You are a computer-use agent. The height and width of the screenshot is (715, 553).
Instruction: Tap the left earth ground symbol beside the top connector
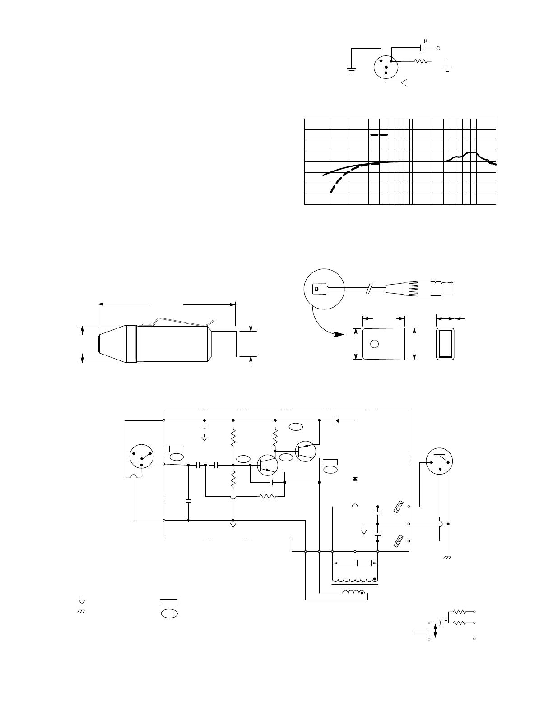(x=351, y=69)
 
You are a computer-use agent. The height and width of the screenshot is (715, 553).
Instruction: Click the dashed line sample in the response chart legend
(x=379, y=134)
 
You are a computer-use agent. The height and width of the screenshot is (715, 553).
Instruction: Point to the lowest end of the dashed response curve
(x=332, y=192)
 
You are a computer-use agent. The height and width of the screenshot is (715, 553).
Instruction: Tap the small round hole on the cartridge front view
(x=374, y=344)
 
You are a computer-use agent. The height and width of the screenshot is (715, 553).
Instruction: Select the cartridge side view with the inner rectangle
(x=445, y=344)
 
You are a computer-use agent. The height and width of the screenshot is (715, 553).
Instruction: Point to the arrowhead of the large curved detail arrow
(x=336, y=335)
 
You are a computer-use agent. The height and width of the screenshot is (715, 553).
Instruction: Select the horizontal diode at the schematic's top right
(x=337, y=420)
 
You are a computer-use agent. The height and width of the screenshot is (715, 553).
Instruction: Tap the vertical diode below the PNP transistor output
(x=355, y=478)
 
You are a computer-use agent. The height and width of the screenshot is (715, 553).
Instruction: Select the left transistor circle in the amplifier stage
(x=267, y=466)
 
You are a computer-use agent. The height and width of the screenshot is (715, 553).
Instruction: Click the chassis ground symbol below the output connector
(x=448, y=558)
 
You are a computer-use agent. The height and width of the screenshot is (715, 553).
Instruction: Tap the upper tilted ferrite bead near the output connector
(x=398, y=507)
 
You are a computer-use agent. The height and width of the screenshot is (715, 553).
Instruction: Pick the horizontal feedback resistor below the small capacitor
(x=267, y=497)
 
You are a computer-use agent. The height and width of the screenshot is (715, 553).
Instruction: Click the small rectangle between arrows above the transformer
(x=364, y=563)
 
